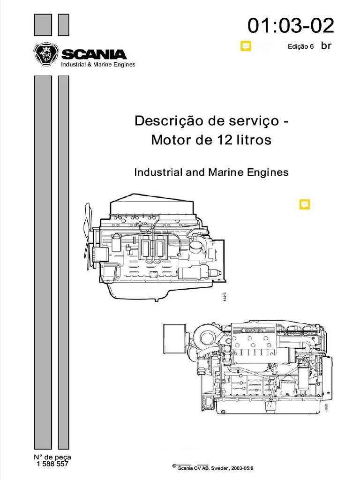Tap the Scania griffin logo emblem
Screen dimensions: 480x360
pos(45,55)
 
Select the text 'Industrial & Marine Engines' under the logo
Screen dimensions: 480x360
pos(98,64)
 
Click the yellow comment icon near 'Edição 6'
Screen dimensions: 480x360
pos(246,46)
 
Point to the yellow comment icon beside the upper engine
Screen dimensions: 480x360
pos(304,205)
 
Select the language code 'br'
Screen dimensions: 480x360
pos(326,46)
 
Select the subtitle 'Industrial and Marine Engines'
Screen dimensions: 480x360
pos(211,172)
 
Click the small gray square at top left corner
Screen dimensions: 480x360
pos(43,24)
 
